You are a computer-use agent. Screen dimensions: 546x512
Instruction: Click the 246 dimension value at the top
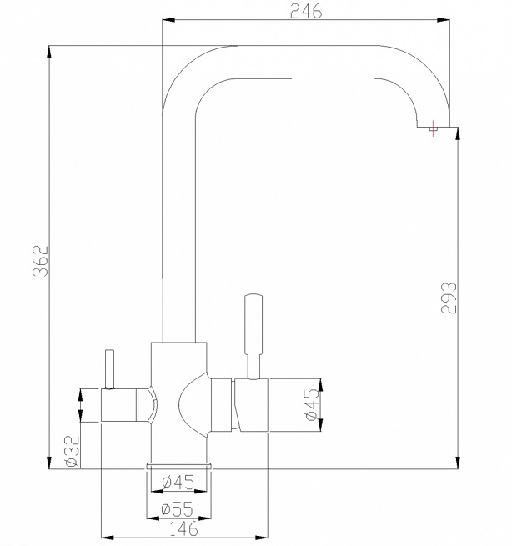305,11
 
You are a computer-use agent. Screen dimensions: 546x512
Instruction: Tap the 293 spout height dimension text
448,295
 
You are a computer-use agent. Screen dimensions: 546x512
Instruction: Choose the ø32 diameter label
71,450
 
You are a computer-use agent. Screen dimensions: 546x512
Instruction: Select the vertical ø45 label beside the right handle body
310,405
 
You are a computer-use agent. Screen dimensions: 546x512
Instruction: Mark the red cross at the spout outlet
432,129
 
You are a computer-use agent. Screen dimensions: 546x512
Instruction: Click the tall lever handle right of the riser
253,329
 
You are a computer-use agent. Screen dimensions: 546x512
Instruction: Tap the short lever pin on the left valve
108,368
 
